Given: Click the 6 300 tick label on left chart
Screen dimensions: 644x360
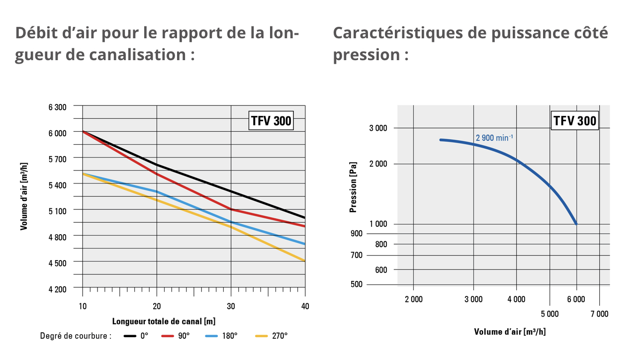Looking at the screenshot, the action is tap(57, 107).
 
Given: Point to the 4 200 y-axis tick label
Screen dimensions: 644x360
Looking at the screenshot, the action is tap(57, 289).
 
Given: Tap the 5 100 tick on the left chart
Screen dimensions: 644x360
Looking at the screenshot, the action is tap(57, 211).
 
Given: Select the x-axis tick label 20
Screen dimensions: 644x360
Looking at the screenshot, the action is tap(157, 306).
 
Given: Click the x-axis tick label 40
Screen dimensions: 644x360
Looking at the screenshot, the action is tap(305, 306).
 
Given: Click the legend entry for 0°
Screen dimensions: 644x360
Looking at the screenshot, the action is tap(136, 336).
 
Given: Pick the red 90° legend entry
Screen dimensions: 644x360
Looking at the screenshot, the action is tap(176, 336).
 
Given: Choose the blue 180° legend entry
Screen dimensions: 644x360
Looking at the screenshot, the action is tap(221, 336).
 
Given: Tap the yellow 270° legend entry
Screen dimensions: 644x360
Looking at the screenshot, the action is tap(272, 336).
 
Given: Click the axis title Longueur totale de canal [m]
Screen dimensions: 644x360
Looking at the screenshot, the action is tap(164, 322).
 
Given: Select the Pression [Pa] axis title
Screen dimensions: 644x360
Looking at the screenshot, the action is tap(353, 187).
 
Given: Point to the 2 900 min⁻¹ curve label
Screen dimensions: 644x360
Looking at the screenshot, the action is tap(494, 138).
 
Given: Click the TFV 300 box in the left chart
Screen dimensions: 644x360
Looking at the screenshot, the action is tap(271, 120).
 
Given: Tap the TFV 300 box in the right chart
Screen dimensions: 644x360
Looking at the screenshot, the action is tap(575, 120).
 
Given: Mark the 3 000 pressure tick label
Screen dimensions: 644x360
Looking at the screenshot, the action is tap(378, 128).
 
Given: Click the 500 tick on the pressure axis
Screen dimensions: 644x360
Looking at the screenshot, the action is tap(357, 284).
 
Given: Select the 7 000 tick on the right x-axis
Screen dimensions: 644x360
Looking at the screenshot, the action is tap(599, 314).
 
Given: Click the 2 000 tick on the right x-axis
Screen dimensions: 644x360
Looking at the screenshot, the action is tap(414, 300).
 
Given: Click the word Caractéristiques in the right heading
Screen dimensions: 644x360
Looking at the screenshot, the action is tap(398, 33).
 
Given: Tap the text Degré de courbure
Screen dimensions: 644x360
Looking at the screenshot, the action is tap(74, 336).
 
